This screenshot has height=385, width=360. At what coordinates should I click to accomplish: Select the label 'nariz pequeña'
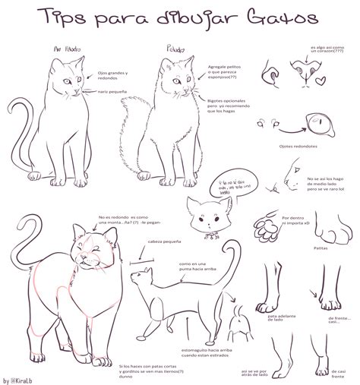112,91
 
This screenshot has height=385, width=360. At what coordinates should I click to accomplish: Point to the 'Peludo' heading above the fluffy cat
174,49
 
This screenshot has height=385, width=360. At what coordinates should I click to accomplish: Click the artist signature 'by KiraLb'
20,380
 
